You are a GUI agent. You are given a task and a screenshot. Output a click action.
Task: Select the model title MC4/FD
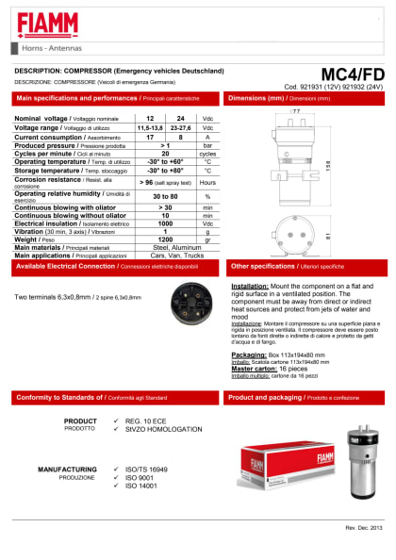353,74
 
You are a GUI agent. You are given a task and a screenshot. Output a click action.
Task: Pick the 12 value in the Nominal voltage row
150,118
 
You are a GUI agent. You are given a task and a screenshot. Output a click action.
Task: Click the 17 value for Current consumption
150,137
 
